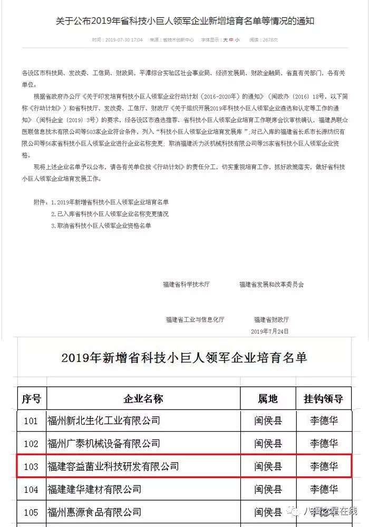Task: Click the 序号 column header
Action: pos(32,398)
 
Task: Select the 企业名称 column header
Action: pos(143,398)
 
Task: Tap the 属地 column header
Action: pos(268,398)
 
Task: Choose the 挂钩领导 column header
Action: pos(324,398)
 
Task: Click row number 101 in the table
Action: pos(32,421)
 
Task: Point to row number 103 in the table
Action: pos(32,466)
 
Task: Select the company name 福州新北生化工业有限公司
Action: pos(104,421)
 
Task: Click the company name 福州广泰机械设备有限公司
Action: pos(104,443)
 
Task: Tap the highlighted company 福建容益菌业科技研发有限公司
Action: pos(113,466)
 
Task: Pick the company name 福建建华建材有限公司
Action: pos(95,489)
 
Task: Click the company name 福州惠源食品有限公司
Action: pos(95,512)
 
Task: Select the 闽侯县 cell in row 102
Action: pos(268,443)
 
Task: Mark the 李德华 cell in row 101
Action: pos(324,421)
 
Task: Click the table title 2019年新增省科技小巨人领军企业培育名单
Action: pos(184,358)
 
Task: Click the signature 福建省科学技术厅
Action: pos(186,285)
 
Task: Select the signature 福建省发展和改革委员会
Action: pos(271,285)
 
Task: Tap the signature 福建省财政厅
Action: pos(271,320)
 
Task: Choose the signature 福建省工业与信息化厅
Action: pos(195,320)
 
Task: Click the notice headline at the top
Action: pos(184,22)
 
